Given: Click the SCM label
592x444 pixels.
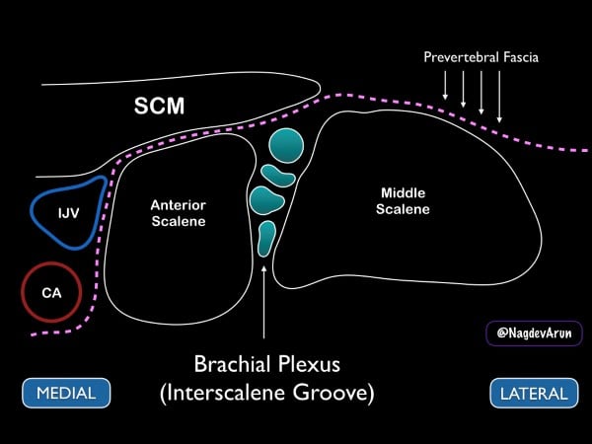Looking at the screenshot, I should tap(159, 107).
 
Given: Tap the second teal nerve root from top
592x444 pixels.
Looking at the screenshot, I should tap(277, 178).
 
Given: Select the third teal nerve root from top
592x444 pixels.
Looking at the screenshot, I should tap(267, 201).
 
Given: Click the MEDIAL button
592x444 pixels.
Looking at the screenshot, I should tap(66, 393).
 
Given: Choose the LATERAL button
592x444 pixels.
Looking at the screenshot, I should tap(532, 393).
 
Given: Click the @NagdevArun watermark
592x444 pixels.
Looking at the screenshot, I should tap(534, 333).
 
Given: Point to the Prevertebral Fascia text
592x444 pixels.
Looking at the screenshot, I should tap(480, 57).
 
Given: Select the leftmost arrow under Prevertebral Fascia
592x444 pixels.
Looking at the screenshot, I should tap(446, 89).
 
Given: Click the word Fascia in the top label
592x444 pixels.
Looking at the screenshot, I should tap(515, 57).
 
